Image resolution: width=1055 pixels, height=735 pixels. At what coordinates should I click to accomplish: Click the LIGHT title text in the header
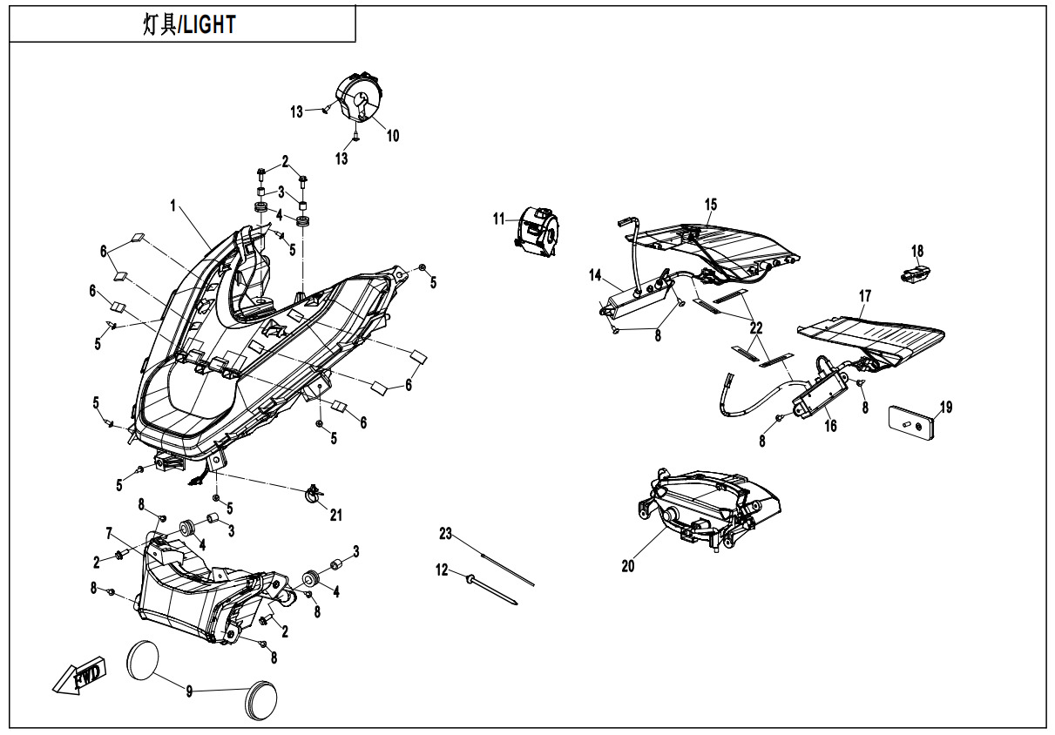point(189,25)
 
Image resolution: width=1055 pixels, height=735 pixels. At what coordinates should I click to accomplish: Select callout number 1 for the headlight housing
point(173,206)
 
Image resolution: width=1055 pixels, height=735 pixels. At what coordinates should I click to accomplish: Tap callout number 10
point(393,136)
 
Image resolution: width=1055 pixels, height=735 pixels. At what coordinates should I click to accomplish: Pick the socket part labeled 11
point(540,230)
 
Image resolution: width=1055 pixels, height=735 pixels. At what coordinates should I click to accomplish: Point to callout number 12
point(442,570)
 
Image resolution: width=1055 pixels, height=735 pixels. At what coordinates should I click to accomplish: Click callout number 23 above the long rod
point(446,533)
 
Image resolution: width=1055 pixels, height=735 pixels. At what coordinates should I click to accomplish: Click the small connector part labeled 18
point(913,273)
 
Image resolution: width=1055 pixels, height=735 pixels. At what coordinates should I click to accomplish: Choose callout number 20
point(628,566)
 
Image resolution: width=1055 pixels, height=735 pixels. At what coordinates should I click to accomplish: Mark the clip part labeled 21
point(314,495)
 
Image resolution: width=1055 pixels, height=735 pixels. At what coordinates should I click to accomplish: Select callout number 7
point(109,533)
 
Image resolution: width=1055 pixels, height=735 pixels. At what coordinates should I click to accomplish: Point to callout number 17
point(864,297)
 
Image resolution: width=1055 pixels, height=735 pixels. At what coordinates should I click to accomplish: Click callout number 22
point(756,327)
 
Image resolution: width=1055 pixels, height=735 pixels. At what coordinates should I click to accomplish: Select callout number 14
point(595,275)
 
